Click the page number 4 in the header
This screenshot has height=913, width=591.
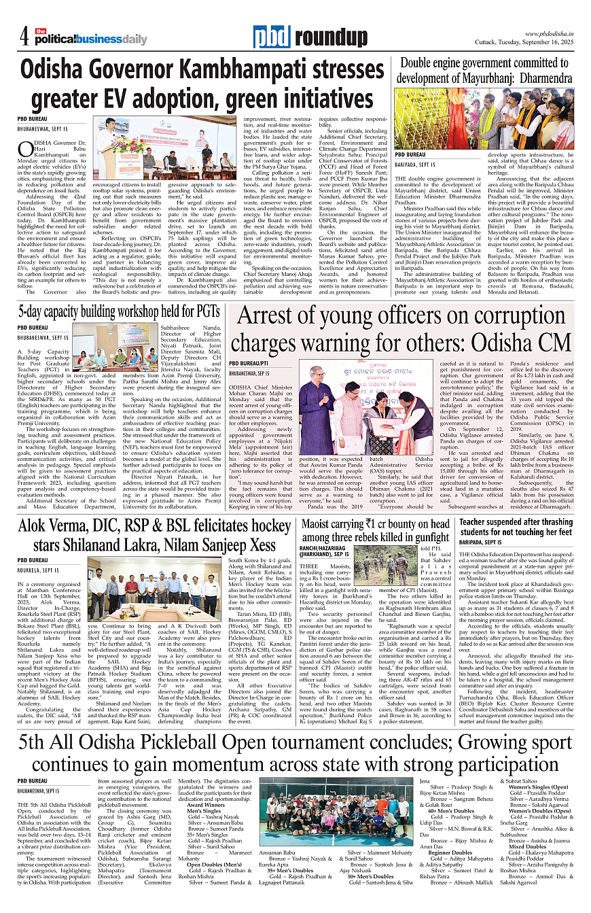point(22,35)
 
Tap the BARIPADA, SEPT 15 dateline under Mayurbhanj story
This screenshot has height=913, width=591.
point(416,165)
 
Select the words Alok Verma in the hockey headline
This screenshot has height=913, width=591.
point(63,528)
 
